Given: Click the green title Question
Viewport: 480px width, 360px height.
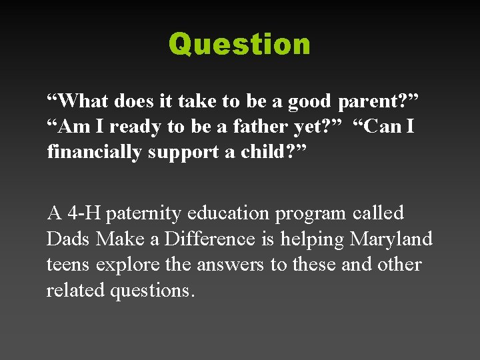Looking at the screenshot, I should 239,45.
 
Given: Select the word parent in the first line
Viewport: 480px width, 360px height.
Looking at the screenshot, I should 367,101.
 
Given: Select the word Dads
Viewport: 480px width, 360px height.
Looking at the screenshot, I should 69,239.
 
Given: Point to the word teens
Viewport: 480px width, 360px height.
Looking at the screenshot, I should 69,265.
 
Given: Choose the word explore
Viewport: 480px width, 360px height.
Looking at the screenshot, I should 129,265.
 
